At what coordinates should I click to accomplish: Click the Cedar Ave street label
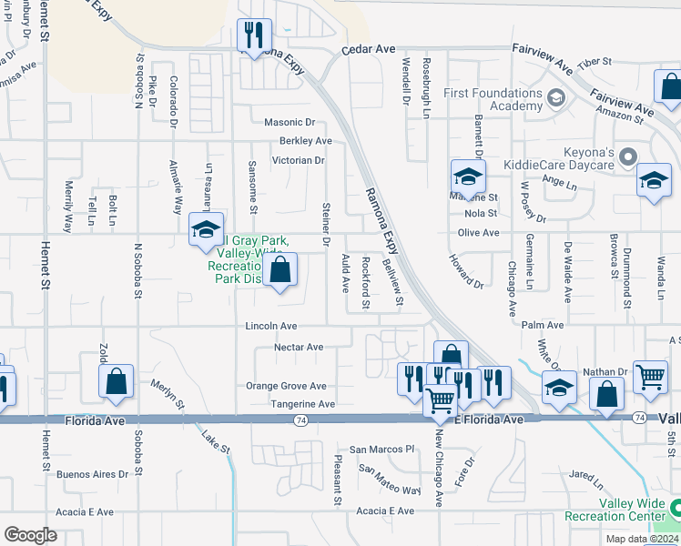(x=369, y=50)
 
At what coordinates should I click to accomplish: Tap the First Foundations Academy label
(x=493, y=99)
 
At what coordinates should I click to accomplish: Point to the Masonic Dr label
(x=289, y=122)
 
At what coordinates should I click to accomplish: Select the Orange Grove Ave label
(x=286, y=386)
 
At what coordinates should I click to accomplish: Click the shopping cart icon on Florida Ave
(x=441, y=399)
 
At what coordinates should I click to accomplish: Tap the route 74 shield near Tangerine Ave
(x=300, y=420)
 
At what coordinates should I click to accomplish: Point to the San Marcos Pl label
(x=382, y=449)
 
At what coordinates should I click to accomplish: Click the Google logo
(x=30, y=534)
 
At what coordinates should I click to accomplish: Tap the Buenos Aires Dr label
(x=92, y=474)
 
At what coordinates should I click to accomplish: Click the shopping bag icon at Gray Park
(x=280, y=270)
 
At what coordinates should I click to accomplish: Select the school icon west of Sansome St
(x=206, y=229)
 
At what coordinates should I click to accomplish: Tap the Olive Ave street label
(x=478, y=233)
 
